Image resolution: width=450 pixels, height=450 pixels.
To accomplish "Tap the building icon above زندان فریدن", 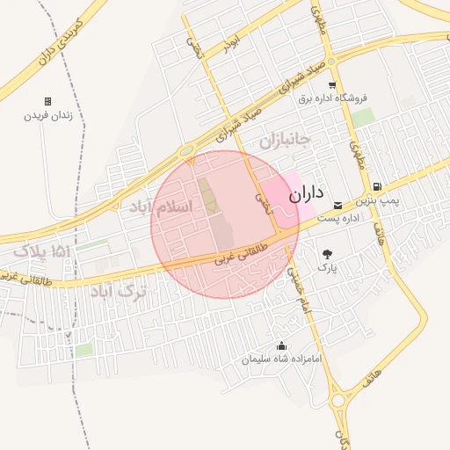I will (47, 101).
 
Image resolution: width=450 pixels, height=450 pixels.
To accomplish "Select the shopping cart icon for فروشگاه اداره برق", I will (331, 85).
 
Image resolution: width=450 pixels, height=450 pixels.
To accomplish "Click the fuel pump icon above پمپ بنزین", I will (377, 186).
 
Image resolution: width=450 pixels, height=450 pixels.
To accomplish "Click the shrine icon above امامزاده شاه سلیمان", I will (281, 346).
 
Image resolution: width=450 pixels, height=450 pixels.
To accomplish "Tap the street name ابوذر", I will (231, 45).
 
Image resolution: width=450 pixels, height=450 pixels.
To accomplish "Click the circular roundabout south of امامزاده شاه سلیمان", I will (337, 400).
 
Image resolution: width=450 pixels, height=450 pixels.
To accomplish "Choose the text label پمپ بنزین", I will (383, 201).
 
